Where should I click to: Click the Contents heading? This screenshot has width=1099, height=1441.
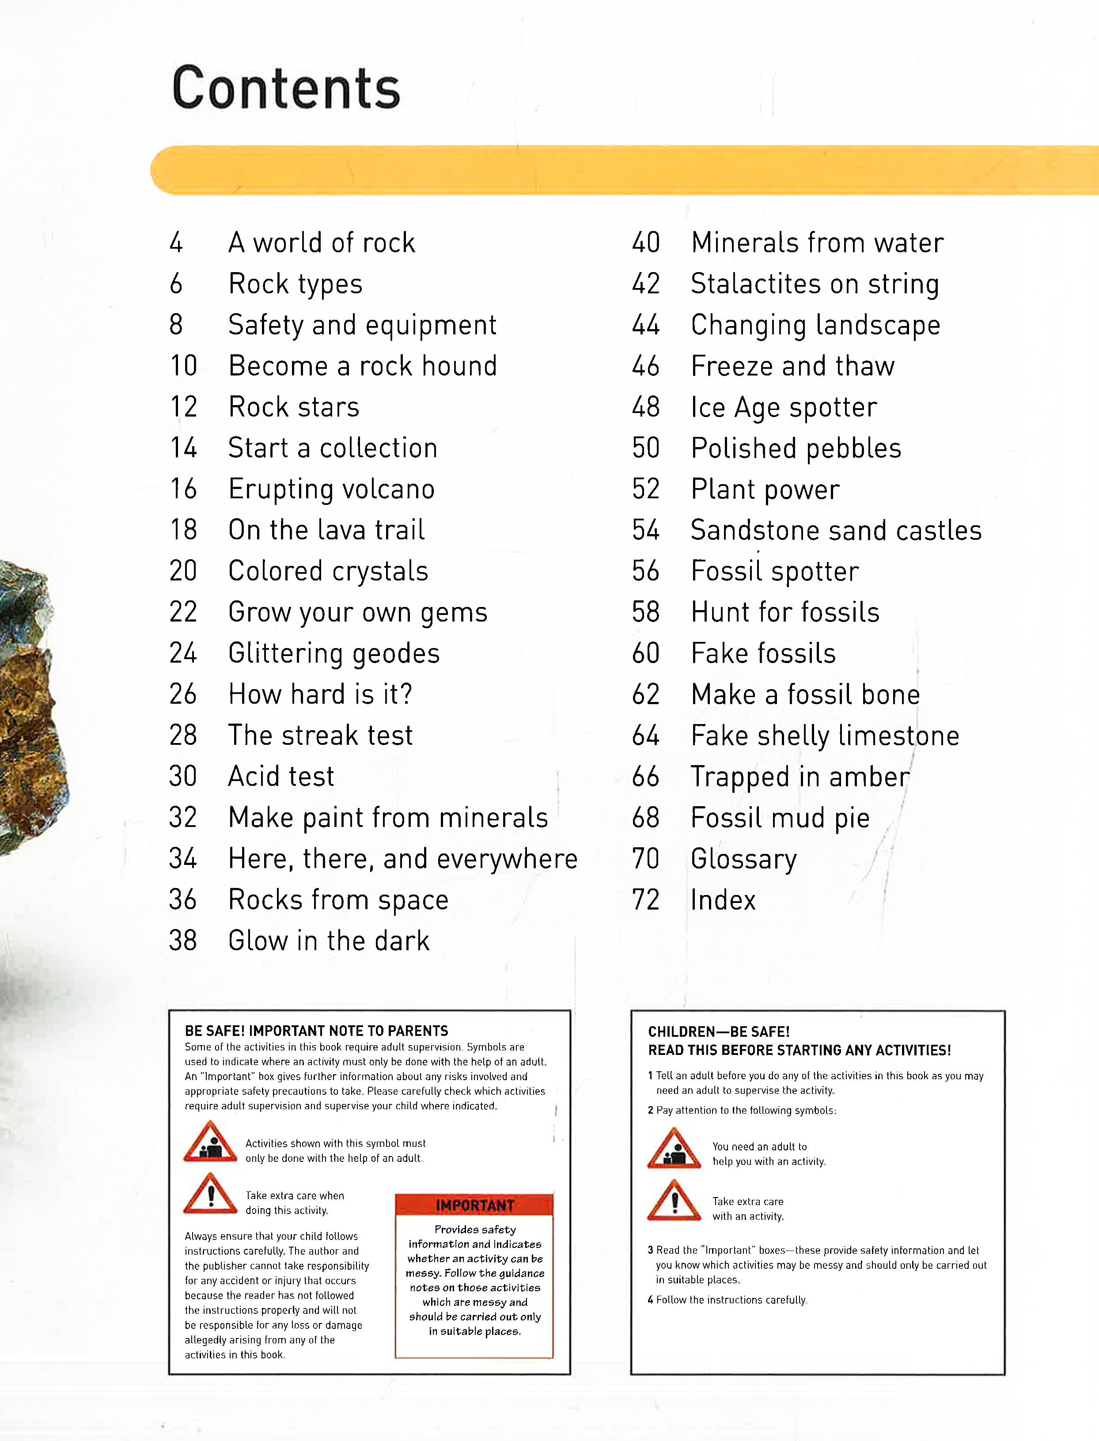tap(286, 88)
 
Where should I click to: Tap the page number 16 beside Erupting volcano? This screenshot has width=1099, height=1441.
tap(183, 489)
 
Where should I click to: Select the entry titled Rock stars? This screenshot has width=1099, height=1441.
tap(294, 407)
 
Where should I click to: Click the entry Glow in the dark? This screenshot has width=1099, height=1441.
tap(328, 940)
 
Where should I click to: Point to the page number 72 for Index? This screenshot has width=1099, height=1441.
tap(646, 900)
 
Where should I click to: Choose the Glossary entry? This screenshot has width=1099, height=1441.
tap(744, 859)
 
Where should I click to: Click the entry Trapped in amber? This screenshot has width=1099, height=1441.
tap(800, 777)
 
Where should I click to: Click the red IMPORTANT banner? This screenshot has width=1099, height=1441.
tap(474, 1205)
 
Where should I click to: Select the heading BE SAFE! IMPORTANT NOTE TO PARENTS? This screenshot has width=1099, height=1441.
tap(316, 1031)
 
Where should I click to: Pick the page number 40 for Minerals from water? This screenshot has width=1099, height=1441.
tap(646, 243)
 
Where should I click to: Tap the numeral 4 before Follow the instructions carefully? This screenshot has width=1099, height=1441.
tap(650, 1300)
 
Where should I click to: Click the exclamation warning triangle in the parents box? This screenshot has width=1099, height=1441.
tap(210, 1195)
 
